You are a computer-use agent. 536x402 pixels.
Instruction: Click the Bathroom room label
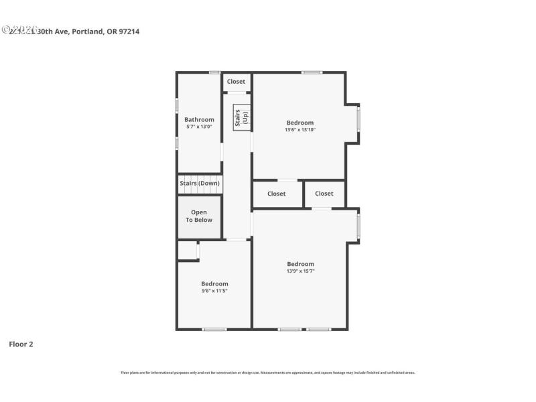[x=199, y=119]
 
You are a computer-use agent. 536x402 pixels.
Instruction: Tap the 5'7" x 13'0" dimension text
[x=199, y=127]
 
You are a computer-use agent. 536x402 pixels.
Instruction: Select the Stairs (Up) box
[x=241, y=117]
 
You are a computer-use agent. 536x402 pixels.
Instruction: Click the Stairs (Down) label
[x=199, y=183]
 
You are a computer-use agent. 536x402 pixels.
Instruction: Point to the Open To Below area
[x=199, y=216]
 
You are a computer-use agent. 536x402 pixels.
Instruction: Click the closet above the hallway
[x=236, y=82]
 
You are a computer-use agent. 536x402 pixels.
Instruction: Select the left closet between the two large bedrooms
[x=276, y=194]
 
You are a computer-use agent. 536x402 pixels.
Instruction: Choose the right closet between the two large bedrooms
[x=324, y=194]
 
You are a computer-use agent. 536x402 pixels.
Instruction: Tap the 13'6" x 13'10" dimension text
[x=299, y=130]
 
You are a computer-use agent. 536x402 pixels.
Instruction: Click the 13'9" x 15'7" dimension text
[x=300, y=271]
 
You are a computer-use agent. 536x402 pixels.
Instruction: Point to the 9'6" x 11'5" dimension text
[x=214, y=291]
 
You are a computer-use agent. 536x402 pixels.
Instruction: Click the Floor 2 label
[x=21, y=344]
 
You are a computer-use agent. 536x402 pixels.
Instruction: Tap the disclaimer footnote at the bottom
[x=267, y=373]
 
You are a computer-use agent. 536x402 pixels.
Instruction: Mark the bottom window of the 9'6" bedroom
[x=214, y=329]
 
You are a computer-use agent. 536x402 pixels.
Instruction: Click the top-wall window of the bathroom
[x=214, y=72]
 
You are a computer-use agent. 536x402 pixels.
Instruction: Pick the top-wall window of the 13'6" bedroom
[x=311, y=72]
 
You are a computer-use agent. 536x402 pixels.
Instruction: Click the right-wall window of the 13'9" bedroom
[x=358, y=226]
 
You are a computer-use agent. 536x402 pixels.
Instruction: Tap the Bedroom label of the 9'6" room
[x=214, y=283]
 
